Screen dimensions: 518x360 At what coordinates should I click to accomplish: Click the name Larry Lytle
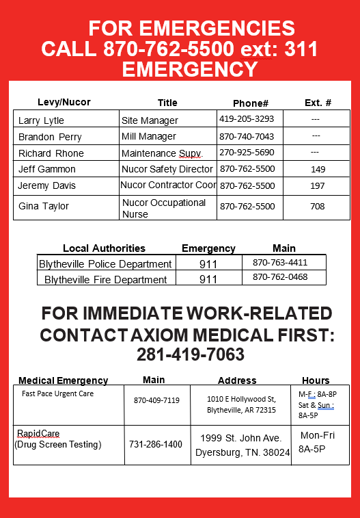point(41,120)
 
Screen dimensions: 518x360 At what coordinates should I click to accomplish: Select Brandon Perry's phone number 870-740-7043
point(246,137)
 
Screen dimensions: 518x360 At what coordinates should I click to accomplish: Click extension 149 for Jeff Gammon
point(318,169)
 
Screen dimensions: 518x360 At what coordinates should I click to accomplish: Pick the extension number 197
point(318,185)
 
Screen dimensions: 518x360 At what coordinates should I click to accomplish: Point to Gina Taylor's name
point(44,206)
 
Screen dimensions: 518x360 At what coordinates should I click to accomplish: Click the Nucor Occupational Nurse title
point(164,208)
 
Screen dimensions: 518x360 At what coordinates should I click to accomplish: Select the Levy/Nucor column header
point(64,103)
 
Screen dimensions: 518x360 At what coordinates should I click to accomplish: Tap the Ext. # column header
point(318,103)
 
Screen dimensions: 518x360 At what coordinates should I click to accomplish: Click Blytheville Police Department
point(105,264)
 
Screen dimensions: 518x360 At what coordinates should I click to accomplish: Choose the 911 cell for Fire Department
point(208,279)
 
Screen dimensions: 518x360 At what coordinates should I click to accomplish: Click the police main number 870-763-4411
point(280,262)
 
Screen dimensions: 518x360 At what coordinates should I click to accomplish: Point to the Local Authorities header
point(104,248)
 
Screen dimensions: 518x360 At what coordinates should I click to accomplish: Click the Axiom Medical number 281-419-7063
point(191,355)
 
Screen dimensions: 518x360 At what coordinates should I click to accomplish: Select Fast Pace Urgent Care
point(58,394)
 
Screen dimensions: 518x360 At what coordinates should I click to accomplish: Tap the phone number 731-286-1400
point(156,444)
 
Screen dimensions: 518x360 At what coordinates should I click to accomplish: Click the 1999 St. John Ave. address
point(240,438)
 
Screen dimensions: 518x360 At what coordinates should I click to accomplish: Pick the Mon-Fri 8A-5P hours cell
point(318,442)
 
